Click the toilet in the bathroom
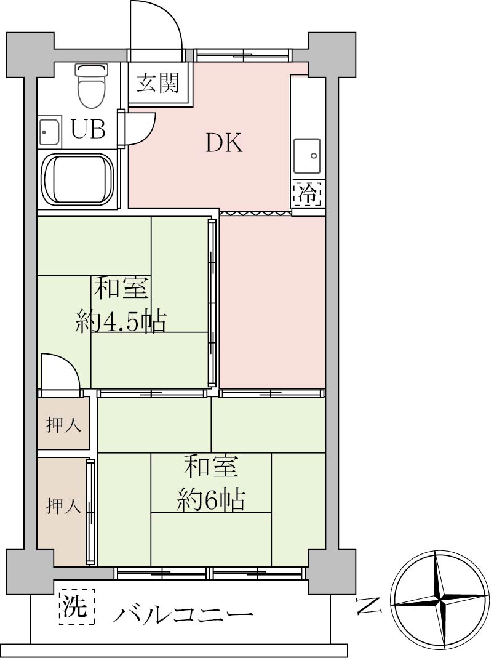click(90, 86)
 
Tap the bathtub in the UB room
click(79, 179)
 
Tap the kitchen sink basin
click(307, 155)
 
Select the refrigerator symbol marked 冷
click(308, 193)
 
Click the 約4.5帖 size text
click(121, 322)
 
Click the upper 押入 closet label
click(63, 425)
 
